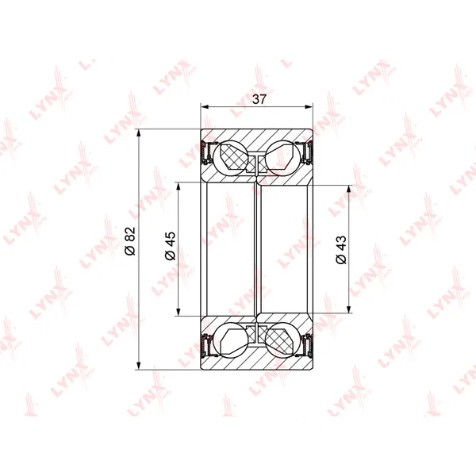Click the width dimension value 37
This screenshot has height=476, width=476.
(259, 99)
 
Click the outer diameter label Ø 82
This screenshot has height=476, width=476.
(130, 240)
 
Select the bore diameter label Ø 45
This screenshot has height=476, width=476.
(171, 246)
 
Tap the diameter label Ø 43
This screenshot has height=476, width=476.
(341, 250)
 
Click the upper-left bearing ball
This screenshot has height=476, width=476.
(231, 158)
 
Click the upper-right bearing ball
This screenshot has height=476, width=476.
(283, 158)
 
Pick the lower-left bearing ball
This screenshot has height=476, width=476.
(231, 340)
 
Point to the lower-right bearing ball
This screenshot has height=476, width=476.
(283, 340)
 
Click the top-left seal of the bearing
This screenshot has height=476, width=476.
(207, 152)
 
